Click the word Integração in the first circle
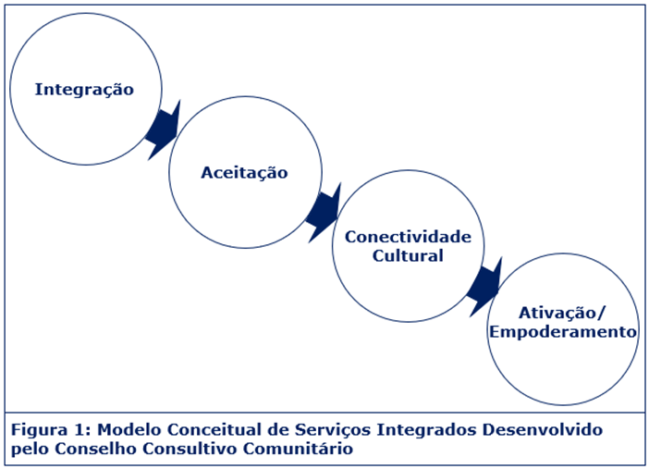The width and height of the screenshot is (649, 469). pyautogui.click(x=84, y=90)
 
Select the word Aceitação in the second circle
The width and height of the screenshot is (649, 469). pyautogui.click(x=245, y=173)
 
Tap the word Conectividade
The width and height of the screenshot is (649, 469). pyautogui.click(x=408, y=237)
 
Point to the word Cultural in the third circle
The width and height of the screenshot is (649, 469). pyautogui.click(x=408, y=255)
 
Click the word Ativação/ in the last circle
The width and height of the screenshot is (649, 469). pyautogui.click(x=562, y=313)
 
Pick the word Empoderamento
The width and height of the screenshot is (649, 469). pyautogui.click(x=563, y=332)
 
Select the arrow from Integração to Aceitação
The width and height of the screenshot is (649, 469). pyautogui.click(x=164, y=130)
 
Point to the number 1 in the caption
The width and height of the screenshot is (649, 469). pyautogui.click(x=80, y=429)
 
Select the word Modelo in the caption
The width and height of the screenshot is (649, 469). pyautogui.click(x=129, y=429)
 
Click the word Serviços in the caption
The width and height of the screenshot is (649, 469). pyautogui.click(x=333, y=430)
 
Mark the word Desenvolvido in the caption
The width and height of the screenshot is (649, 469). pyautogui.click(x=542, y=429)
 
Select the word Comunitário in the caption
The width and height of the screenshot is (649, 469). pyautogui.click(x=298, y=449)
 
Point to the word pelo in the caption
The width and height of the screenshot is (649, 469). pyautogui.click(x=30, y=450)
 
